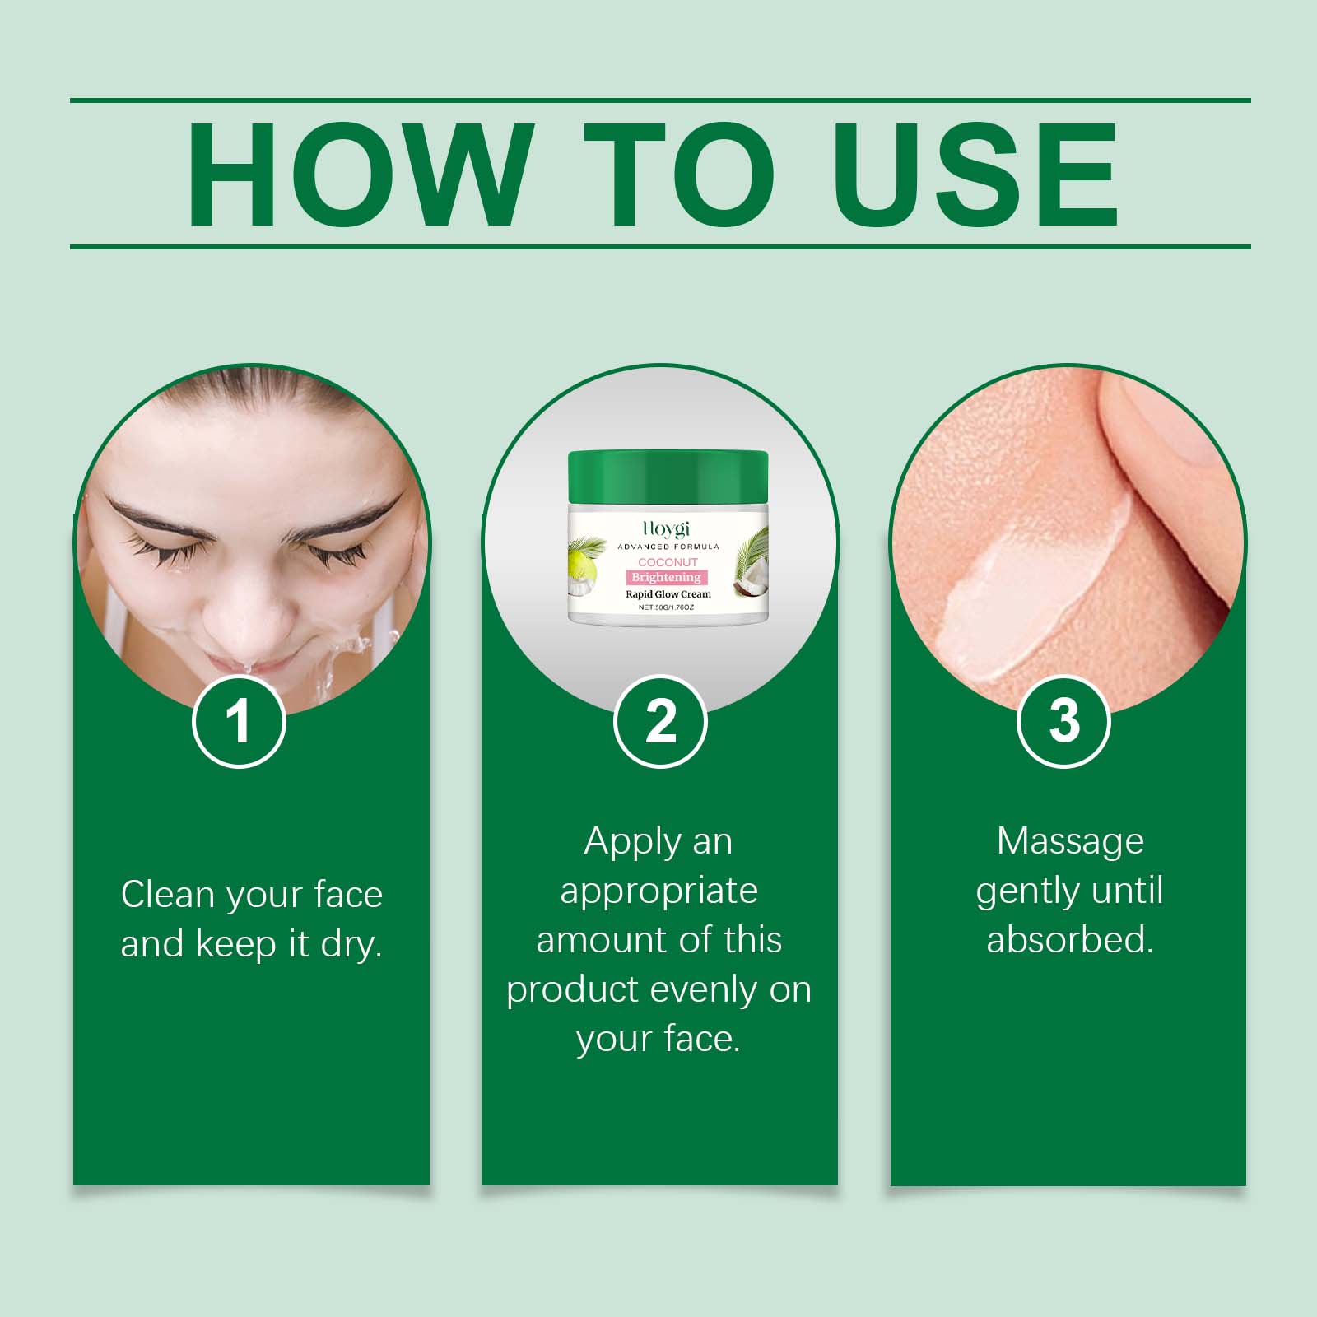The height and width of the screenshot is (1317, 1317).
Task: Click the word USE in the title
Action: [x=977, y=175]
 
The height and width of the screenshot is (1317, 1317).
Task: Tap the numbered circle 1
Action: [x=239, y=722]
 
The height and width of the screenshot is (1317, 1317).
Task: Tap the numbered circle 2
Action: [x=660, y=722]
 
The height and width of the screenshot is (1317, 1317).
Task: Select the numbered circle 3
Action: [x=1063, y=722]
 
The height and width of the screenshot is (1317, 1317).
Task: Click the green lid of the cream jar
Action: [x=668, y=478]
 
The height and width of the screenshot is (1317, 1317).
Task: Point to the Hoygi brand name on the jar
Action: [x=666, y=530]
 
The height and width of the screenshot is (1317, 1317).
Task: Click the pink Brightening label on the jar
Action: [x=667, y=577]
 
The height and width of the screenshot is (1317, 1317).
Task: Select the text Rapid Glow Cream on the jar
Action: [x=668, y=593]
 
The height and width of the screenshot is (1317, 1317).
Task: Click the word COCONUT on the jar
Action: [x=668, y=562]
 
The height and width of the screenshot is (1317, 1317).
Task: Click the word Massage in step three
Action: [x=1070, y=841]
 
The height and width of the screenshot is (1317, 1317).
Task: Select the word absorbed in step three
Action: [x=1070, y=939]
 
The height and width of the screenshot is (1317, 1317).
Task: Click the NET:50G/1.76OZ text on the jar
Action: [x=667, y=607]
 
